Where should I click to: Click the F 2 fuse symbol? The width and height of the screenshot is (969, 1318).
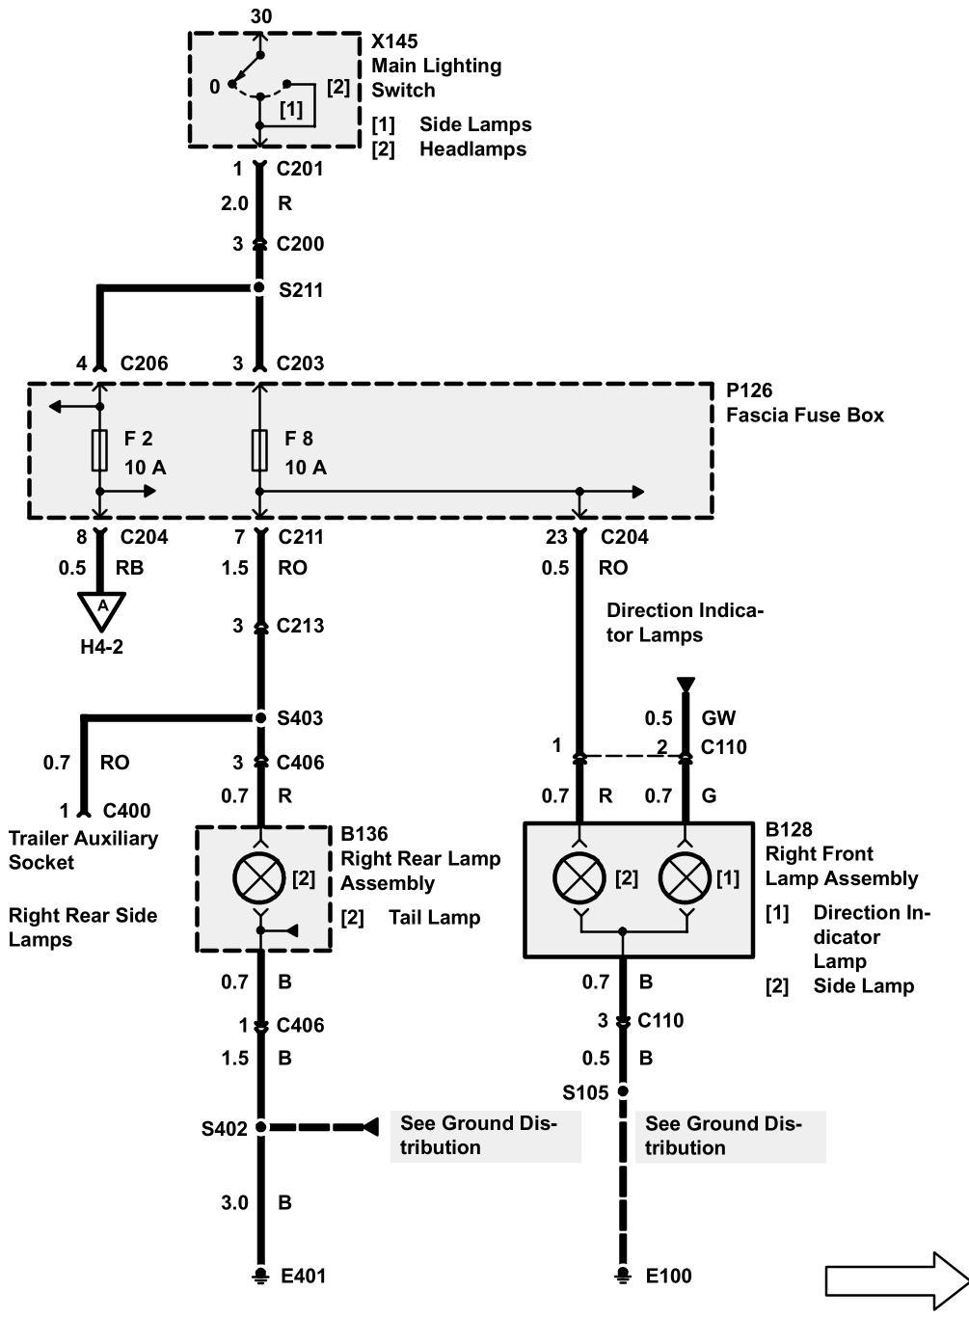[99, 450]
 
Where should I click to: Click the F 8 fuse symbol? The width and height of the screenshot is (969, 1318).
[259, 450]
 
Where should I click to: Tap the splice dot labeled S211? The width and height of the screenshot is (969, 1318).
[259, 288]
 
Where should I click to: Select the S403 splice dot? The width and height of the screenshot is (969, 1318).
[259, 718]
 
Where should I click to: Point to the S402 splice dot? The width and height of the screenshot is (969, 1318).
[260, 1127]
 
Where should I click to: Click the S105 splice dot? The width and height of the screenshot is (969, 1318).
[622, 1091]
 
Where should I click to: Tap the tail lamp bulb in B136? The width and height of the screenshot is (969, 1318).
[259, 877]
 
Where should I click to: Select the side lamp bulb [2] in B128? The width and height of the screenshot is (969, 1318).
[579, 877]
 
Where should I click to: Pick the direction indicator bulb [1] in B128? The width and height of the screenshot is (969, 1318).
[685, 877]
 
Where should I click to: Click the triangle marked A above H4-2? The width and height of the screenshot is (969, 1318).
[102, 608]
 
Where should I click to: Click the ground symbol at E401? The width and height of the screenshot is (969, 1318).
[259, 1276]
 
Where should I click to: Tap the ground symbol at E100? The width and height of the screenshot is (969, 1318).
[622, 1276]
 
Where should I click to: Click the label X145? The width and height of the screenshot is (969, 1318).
[394, 42]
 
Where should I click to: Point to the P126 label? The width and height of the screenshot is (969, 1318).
[749, 390]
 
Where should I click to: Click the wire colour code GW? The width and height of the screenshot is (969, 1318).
[718, 718]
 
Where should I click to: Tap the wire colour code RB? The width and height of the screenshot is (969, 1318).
[129, 568]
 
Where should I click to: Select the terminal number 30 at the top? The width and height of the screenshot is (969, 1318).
[260, 15]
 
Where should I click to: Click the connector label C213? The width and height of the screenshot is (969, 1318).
[300, 626]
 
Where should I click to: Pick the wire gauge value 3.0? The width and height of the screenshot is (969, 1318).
[234, 1202]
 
